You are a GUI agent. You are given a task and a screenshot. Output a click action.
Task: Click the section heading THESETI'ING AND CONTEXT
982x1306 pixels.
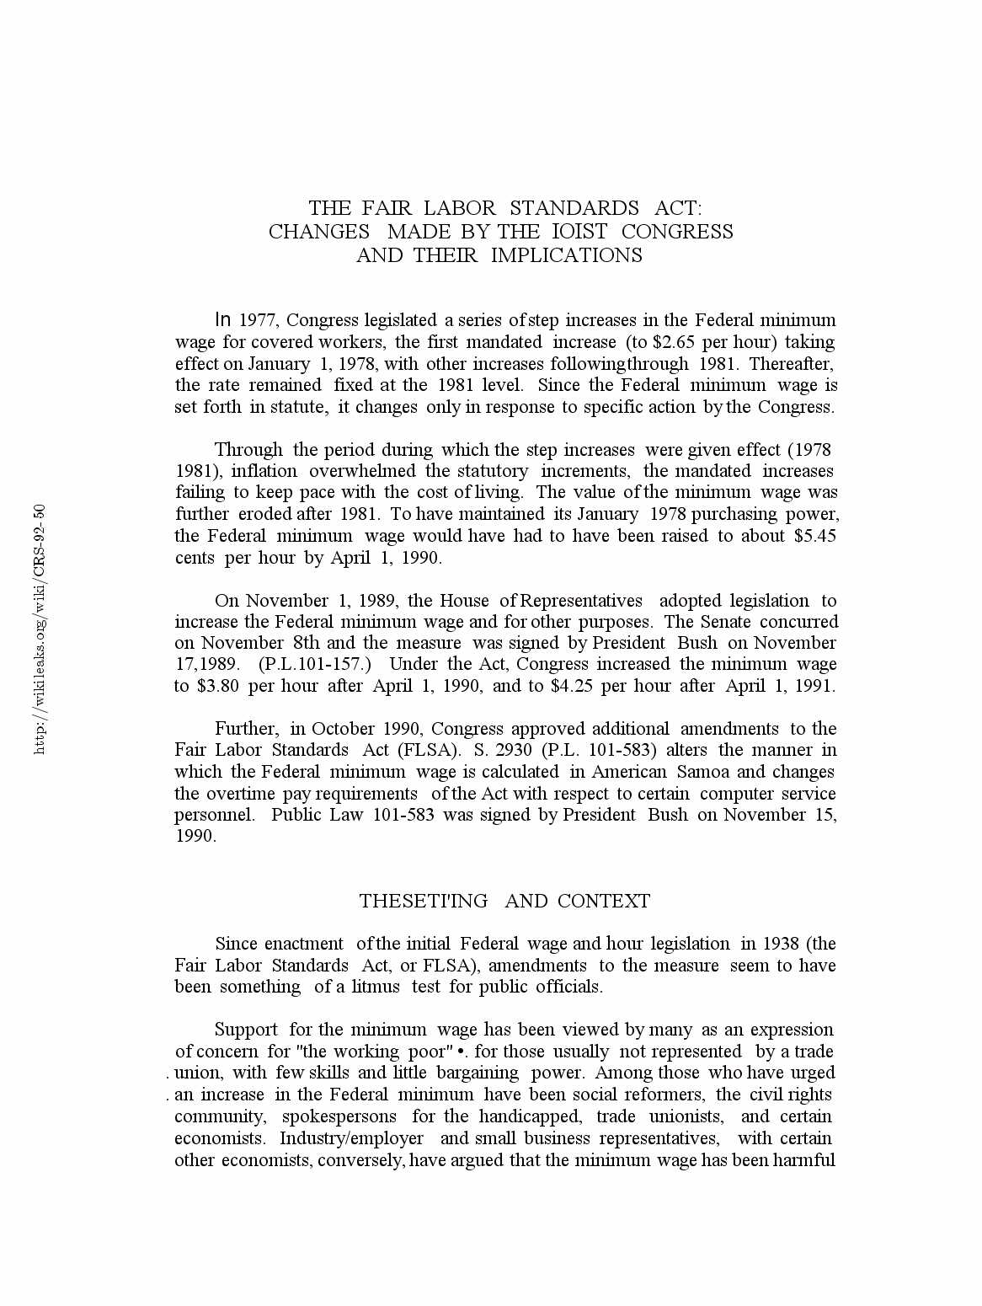pos(504,901)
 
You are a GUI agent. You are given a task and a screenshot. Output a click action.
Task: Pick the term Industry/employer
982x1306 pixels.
pos(351,1138)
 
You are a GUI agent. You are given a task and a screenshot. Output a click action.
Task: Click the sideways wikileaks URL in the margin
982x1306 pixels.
pos(40,629)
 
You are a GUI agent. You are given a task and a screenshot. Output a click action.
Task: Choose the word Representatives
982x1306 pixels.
pos(581,601)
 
